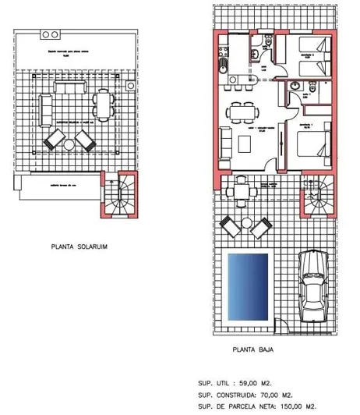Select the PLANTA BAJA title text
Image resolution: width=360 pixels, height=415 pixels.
point(253,350)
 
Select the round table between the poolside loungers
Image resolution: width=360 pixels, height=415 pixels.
point(248,225)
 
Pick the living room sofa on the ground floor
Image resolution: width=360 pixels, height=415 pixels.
point(227,143)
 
